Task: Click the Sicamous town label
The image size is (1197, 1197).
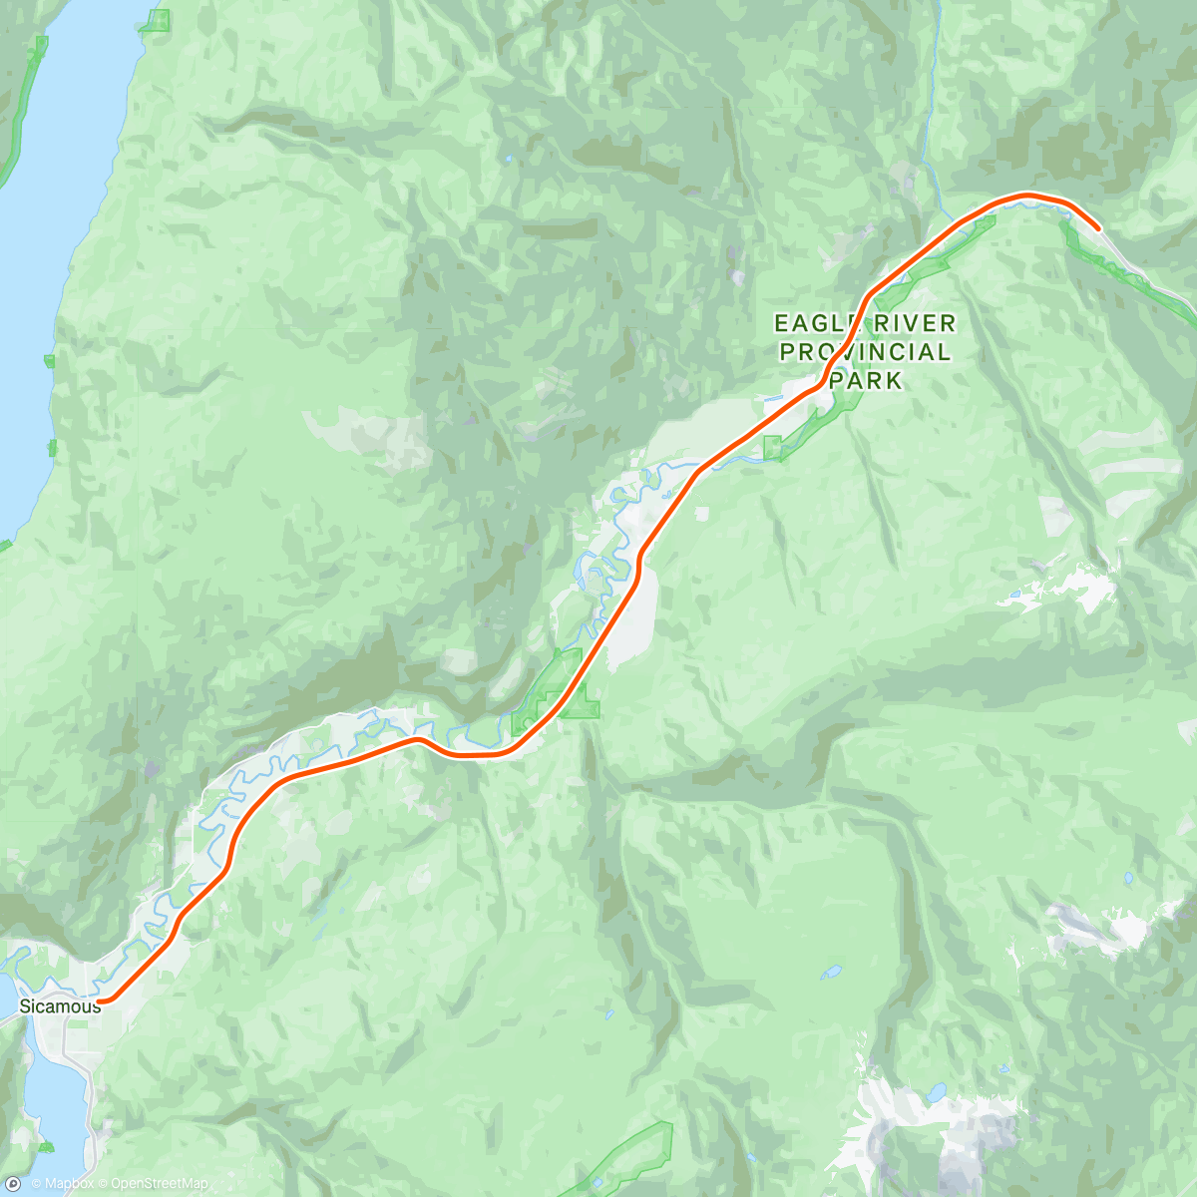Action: tap(60, 1006)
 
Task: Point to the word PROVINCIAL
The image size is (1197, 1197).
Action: tap(865, 352)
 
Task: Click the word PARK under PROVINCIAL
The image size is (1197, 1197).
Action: tap(866, 380)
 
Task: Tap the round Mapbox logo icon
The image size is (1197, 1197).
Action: tap(13, 1183)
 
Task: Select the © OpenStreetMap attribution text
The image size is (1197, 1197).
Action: tap(154, 1184)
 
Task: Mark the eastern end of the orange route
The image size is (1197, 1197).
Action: tap(1098, 228)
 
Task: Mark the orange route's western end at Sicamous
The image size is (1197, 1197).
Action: tap(99, 997)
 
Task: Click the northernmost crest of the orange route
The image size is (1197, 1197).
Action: tap(1027, 194)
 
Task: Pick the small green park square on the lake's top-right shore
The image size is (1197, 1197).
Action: tap(155, 20)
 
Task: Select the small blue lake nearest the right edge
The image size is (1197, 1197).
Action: tap(1126, 880)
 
